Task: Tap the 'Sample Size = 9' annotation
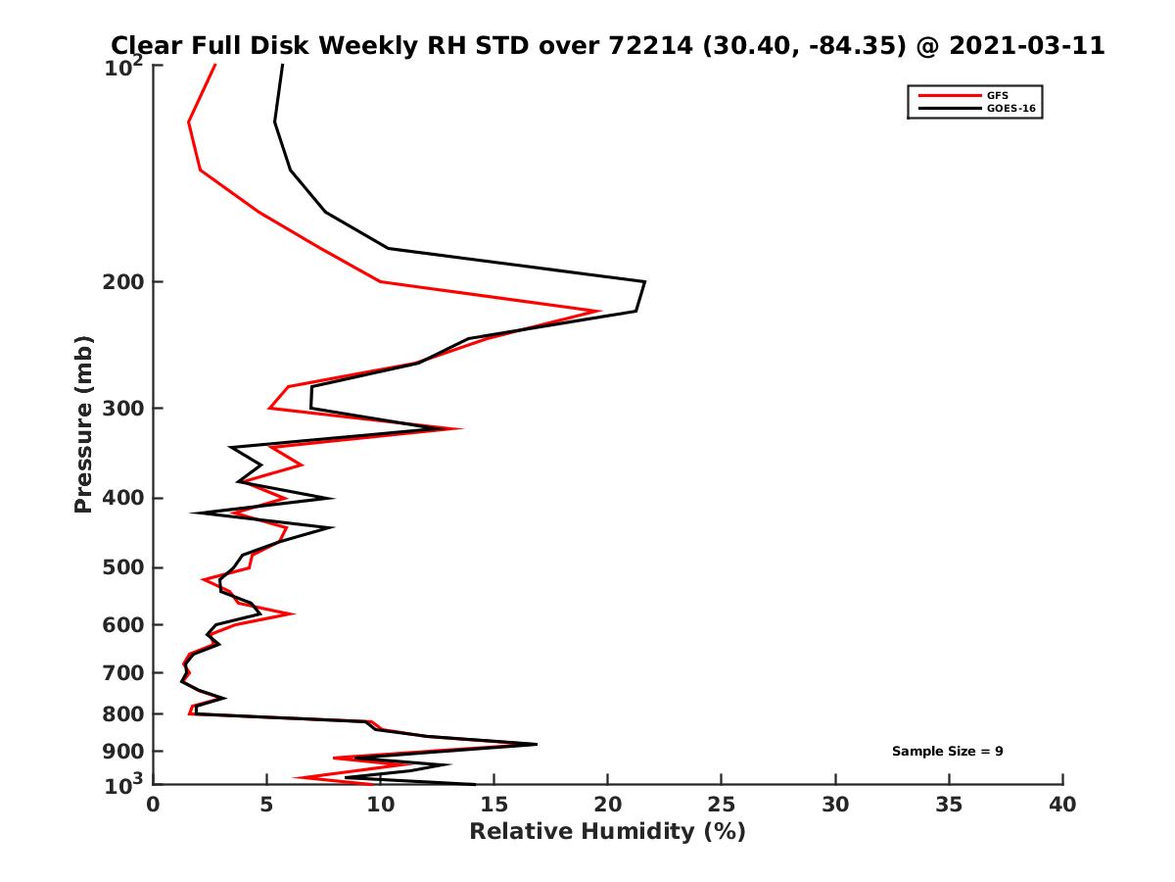[947, 752]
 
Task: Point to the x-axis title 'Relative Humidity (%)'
[607, 832]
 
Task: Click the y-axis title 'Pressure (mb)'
[83, 423]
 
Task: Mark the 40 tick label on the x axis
[1062, 805]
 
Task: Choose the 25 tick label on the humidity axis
[722, 805]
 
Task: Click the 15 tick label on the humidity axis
[493, 805]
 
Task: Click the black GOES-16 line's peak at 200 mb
[644, 282]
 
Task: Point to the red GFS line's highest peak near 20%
[598, 311]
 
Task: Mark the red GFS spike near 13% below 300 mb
[459, 428]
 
